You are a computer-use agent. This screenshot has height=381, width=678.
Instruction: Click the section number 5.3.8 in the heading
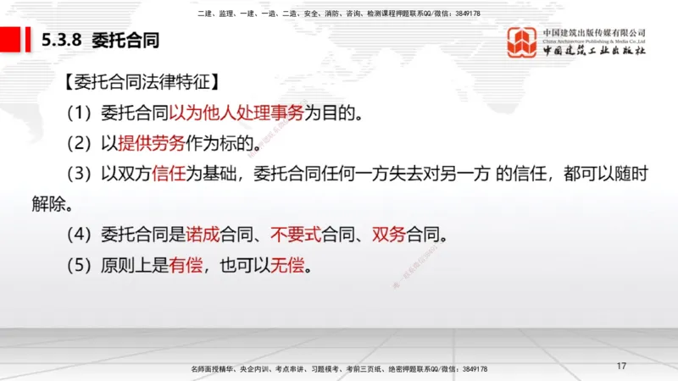62,40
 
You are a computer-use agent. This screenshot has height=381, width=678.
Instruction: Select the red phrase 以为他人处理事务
236,113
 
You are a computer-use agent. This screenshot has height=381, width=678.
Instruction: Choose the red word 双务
388,234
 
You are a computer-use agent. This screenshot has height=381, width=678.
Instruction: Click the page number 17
621,367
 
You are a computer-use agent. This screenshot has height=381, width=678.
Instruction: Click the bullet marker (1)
81,113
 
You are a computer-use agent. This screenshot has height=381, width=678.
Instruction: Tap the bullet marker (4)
81,234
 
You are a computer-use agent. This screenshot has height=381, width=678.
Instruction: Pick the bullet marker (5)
81,264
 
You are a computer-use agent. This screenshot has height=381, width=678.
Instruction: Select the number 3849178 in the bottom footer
471,370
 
